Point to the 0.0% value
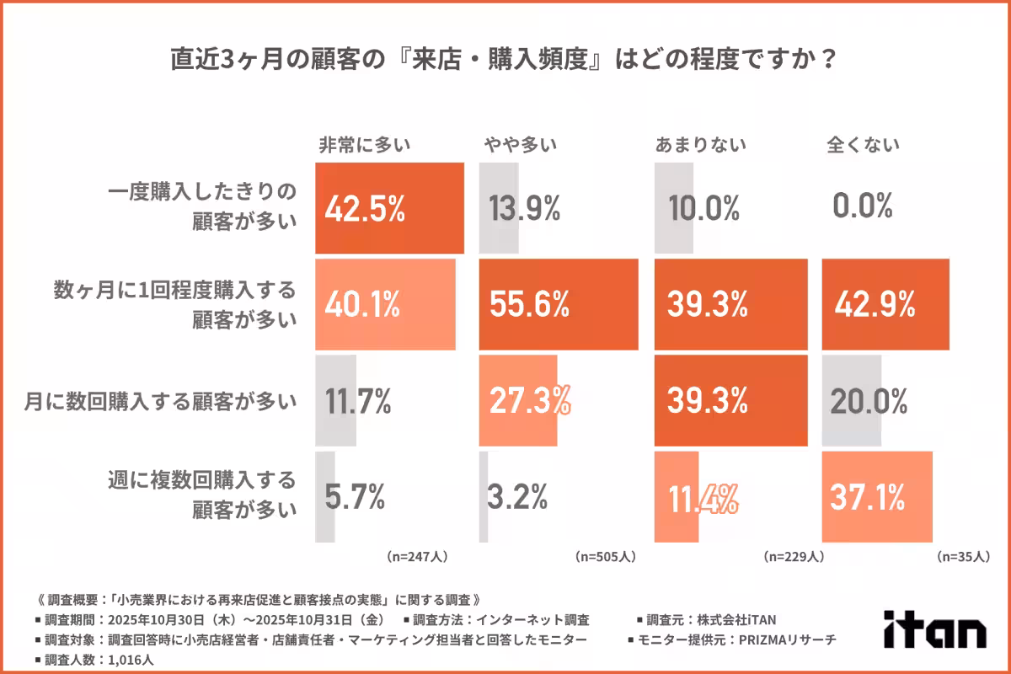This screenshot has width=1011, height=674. (x=862, y=207)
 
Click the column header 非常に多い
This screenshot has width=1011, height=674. (x=364, y=144)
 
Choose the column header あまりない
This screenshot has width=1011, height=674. (x=701, y=144)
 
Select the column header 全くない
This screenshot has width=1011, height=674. (x=863, y=144)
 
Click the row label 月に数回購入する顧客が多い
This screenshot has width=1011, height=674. (x=160, y=401)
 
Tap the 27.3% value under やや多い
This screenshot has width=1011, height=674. (x=529, y=401)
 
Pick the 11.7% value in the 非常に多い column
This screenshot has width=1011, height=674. (x=358, y=401)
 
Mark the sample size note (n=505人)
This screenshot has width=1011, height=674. (x=605, y=557)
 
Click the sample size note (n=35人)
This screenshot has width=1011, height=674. (x=964, y=557)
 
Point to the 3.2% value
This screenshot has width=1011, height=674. (x=518, y=497)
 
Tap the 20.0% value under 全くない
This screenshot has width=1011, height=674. (x=869, y=401)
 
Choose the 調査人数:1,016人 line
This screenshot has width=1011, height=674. (x=94, y=660)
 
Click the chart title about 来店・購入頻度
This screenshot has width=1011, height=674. (x=505, y=61)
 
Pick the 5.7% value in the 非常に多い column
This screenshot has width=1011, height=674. (x=355, y=497)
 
